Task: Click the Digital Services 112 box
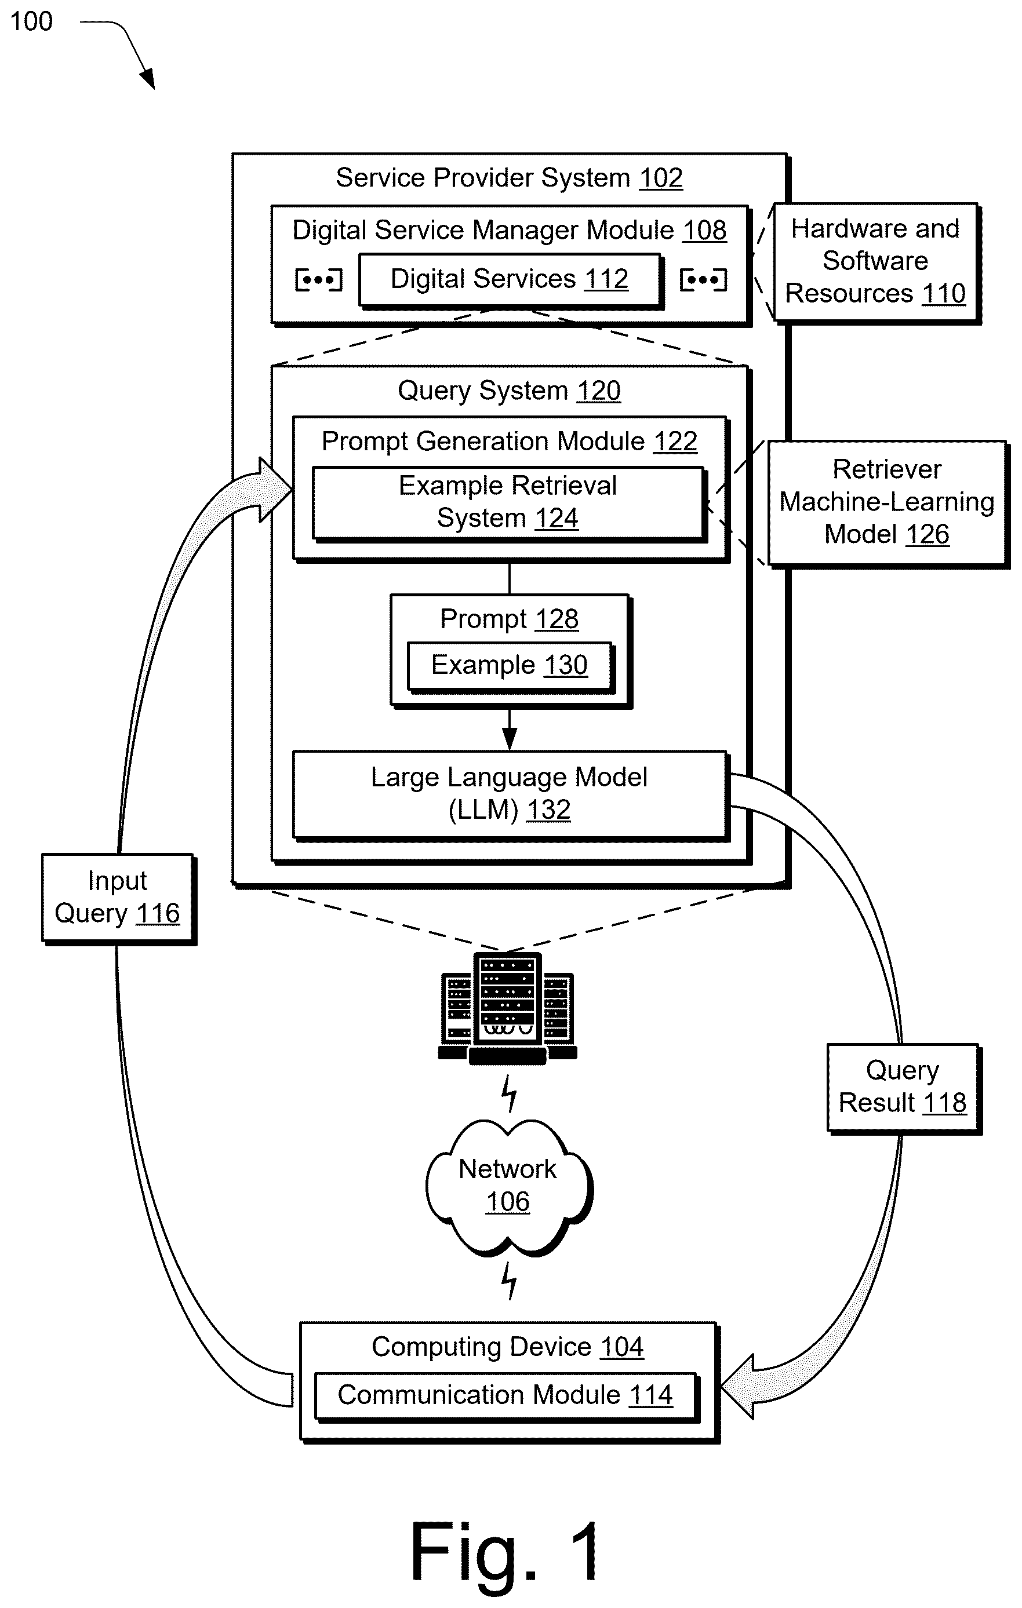click(x=510, y=280)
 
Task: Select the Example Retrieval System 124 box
click(x=509, y=504)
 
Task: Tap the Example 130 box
click(x=510, y=666)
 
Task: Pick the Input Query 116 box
click(x=118, y=898)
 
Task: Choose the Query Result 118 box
click(x=904, y=1088)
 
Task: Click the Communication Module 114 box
click(x=506, y=1397)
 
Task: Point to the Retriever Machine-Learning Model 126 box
click(x=888, y=504)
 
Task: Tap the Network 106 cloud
click(x=509, y=1187)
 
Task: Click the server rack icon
click(x=508, y=1008)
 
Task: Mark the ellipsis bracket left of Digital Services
click(x=319, y=280)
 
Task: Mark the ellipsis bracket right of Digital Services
click(x=703, y=280)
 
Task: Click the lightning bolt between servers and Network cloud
click(x=509, y=1093)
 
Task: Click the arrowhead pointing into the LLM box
click(x=510, y=739)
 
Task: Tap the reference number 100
click(x=31, y=21)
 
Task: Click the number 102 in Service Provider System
click(x=661, y=178)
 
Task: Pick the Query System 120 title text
click(x=509, y=391)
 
